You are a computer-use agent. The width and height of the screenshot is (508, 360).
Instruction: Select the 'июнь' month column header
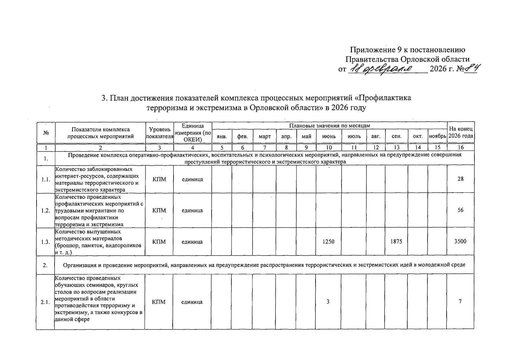[x=329, y=136]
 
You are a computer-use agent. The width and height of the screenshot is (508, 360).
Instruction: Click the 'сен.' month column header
[x=397, y=136]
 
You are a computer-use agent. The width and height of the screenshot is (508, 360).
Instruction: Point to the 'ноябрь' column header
[x=438, y=136]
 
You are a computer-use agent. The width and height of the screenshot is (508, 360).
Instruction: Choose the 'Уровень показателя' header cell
[x=159, y=133]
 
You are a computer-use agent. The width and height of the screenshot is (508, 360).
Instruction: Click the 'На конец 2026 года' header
[x=461, y=132]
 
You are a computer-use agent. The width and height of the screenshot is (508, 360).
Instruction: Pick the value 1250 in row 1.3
[x=328, y=241]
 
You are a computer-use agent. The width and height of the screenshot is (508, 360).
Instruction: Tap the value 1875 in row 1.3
[x=396, y=241]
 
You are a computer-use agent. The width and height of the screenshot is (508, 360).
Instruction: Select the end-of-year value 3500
[x=460, y=241]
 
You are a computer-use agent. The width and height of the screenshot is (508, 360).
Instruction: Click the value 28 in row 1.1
[x=460, y=179]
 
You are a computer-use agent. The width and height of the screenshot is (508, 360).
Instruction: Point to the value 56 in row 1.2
[x=460, y=210]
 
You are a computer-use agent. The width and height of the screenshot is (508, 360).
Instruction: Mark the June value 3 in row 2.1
[x=328, y=302]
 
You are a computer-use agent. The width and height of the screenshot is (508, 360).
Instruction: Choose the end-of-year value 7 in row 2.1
[x=460, y=301]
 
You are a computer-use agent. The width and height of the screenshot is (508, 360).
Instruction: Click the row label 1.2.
[x=46, y=210]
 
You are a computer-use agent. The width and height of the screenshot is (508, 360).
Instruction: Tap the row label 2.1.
[x=46, y=302]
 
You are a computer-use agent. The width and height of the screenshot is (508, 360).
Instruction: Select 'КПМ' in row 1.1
[x=159, y=179]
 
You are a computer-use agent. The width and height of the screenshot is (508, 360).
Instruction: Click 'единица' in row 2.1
[x=192, y=302]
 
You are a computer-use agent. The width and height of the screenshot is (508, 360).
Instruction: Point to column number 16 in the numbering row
[x=461, y=147]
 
